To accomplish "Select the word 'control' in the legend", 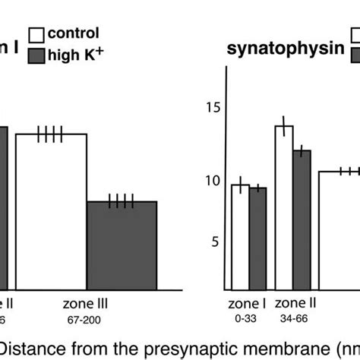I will [74, 33].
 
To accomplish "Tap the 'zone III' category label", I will [86, 303].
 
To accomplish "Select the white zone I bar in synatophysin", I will [240, 238].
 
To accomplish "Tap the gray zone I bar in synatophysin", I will [258, 240].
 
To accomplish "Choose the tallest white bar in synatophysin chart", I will [284, 209].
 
